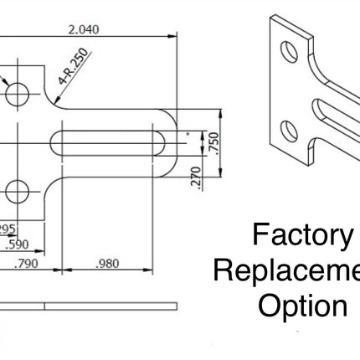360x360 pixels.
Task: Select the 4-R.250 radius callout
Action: click(x=75, y=69)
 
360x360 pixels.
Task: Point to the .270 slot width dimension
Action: click(x=196, y=177)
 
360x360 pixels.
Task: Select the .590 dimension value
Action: click(x=17, y=246)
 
